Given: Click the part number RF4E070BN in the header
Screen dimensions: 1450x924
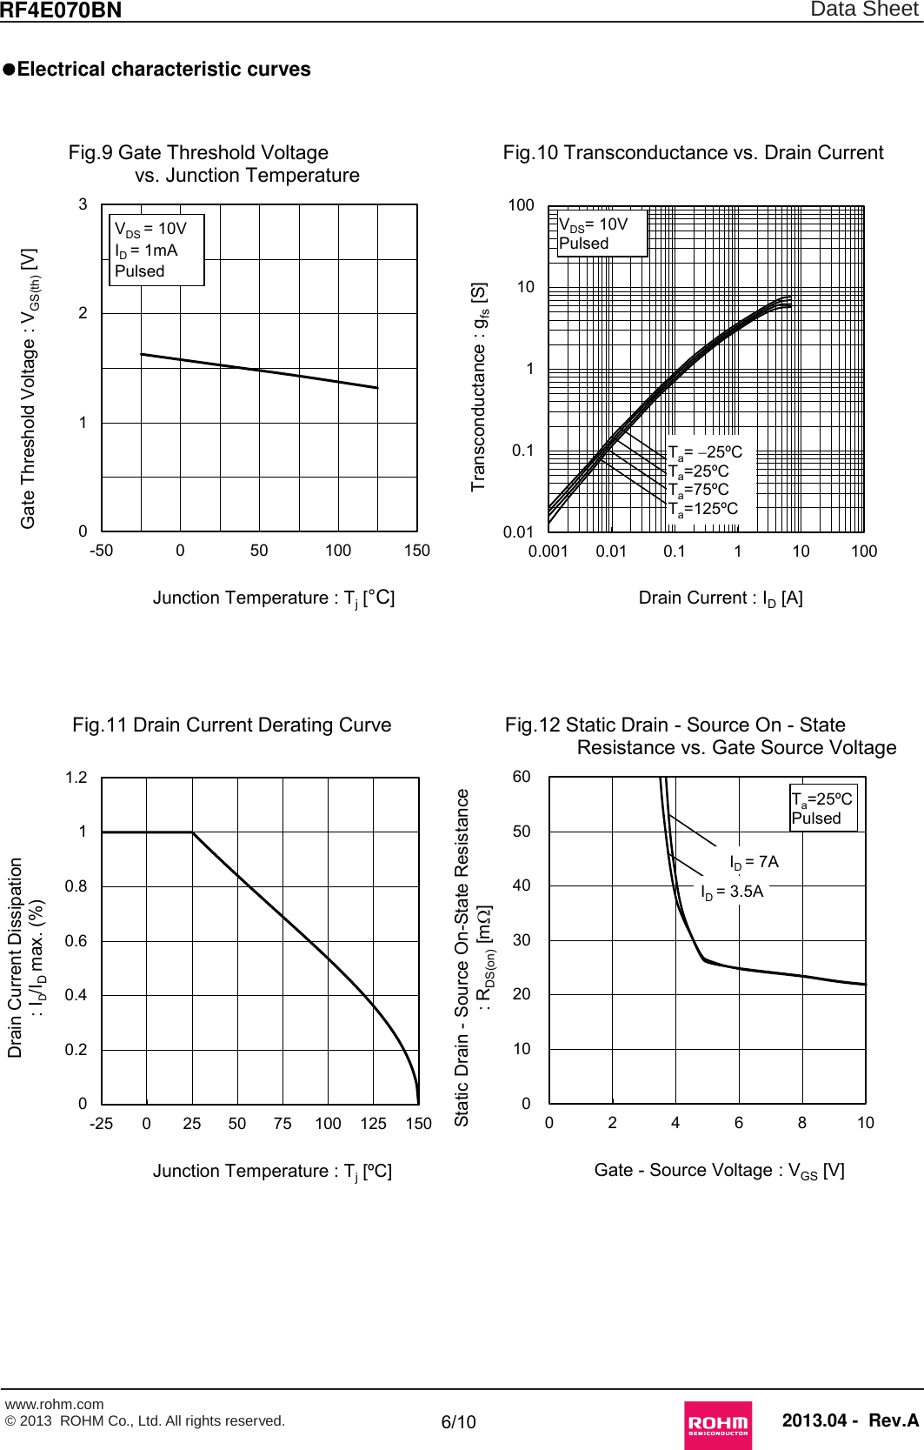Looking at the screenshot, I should pyautogui.click(x=61, y=10).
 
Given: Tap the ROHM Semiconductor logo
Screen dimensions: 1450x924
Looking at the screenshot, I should pyautogui.click(x=718, y=1424).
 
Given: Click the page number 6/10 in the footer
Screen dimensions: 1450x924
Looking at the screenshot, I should pyautogui.click(x=459, y=1422).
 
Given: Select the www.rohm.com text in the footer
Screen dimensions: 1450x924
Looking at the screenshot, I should pyautogui.click(x=54, y=1404).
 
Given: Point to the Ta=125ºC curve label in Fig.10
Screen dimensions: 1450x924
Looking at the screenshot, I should pyautogui.click(x=703, y=509).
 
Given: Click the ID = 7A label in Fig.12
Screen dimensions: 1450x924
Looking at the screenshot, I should pyautogui.click(x=754, y=862).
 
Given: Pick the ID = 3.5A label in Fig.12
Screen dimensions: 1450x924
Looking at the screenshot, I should pyautogui.click(x=732, y=892).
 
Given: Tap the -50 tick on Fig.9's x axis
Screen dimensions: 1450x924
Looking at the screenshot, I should pyautogui.click(x=101, y=551).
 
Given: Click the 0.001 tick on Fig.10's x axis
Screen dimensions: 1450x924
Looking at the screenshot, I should pyautogui.click(x=548, y=551).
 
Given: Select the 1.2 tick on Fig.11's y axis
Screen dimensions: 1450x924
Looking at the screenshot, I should pyautogui.click(x=76, y=778).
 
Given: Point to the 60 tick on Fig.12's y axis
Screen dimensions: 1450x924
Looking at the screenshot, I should pyautogui.click(x=521, y=777).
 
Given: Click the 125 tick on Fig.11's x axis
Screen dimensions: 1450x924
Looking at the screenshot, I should pyautogui.click(x=373, y=1124).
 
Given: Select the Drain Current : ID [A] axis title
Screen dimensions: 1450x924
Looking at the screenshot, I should pyautogui.click(x=721, y=598).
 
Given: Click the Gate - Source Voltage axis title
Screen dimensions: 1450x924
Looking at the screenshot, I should pyautogui.click(x=719, y=1171).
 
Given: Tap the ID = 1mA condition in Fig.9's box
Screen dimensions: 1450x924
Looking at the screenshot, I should pyautogui.click(x=146, y=251).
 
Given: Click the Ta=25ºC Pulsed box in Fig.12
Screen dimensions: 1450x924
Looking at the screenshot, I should pyautogui.click(x=822, y=808).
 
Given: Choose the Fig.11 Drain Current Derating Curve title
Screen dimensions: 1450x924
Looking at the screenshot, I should pyautogui.click(x=232, y=725).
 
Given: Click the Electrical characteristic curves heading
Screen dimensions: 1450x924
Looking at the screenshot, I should pyautogui.click(x=163, y=70).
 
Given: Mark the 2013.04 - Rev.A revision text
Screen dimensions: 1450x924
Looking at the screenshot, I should pyautogui.click(x=849, y=1420).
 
